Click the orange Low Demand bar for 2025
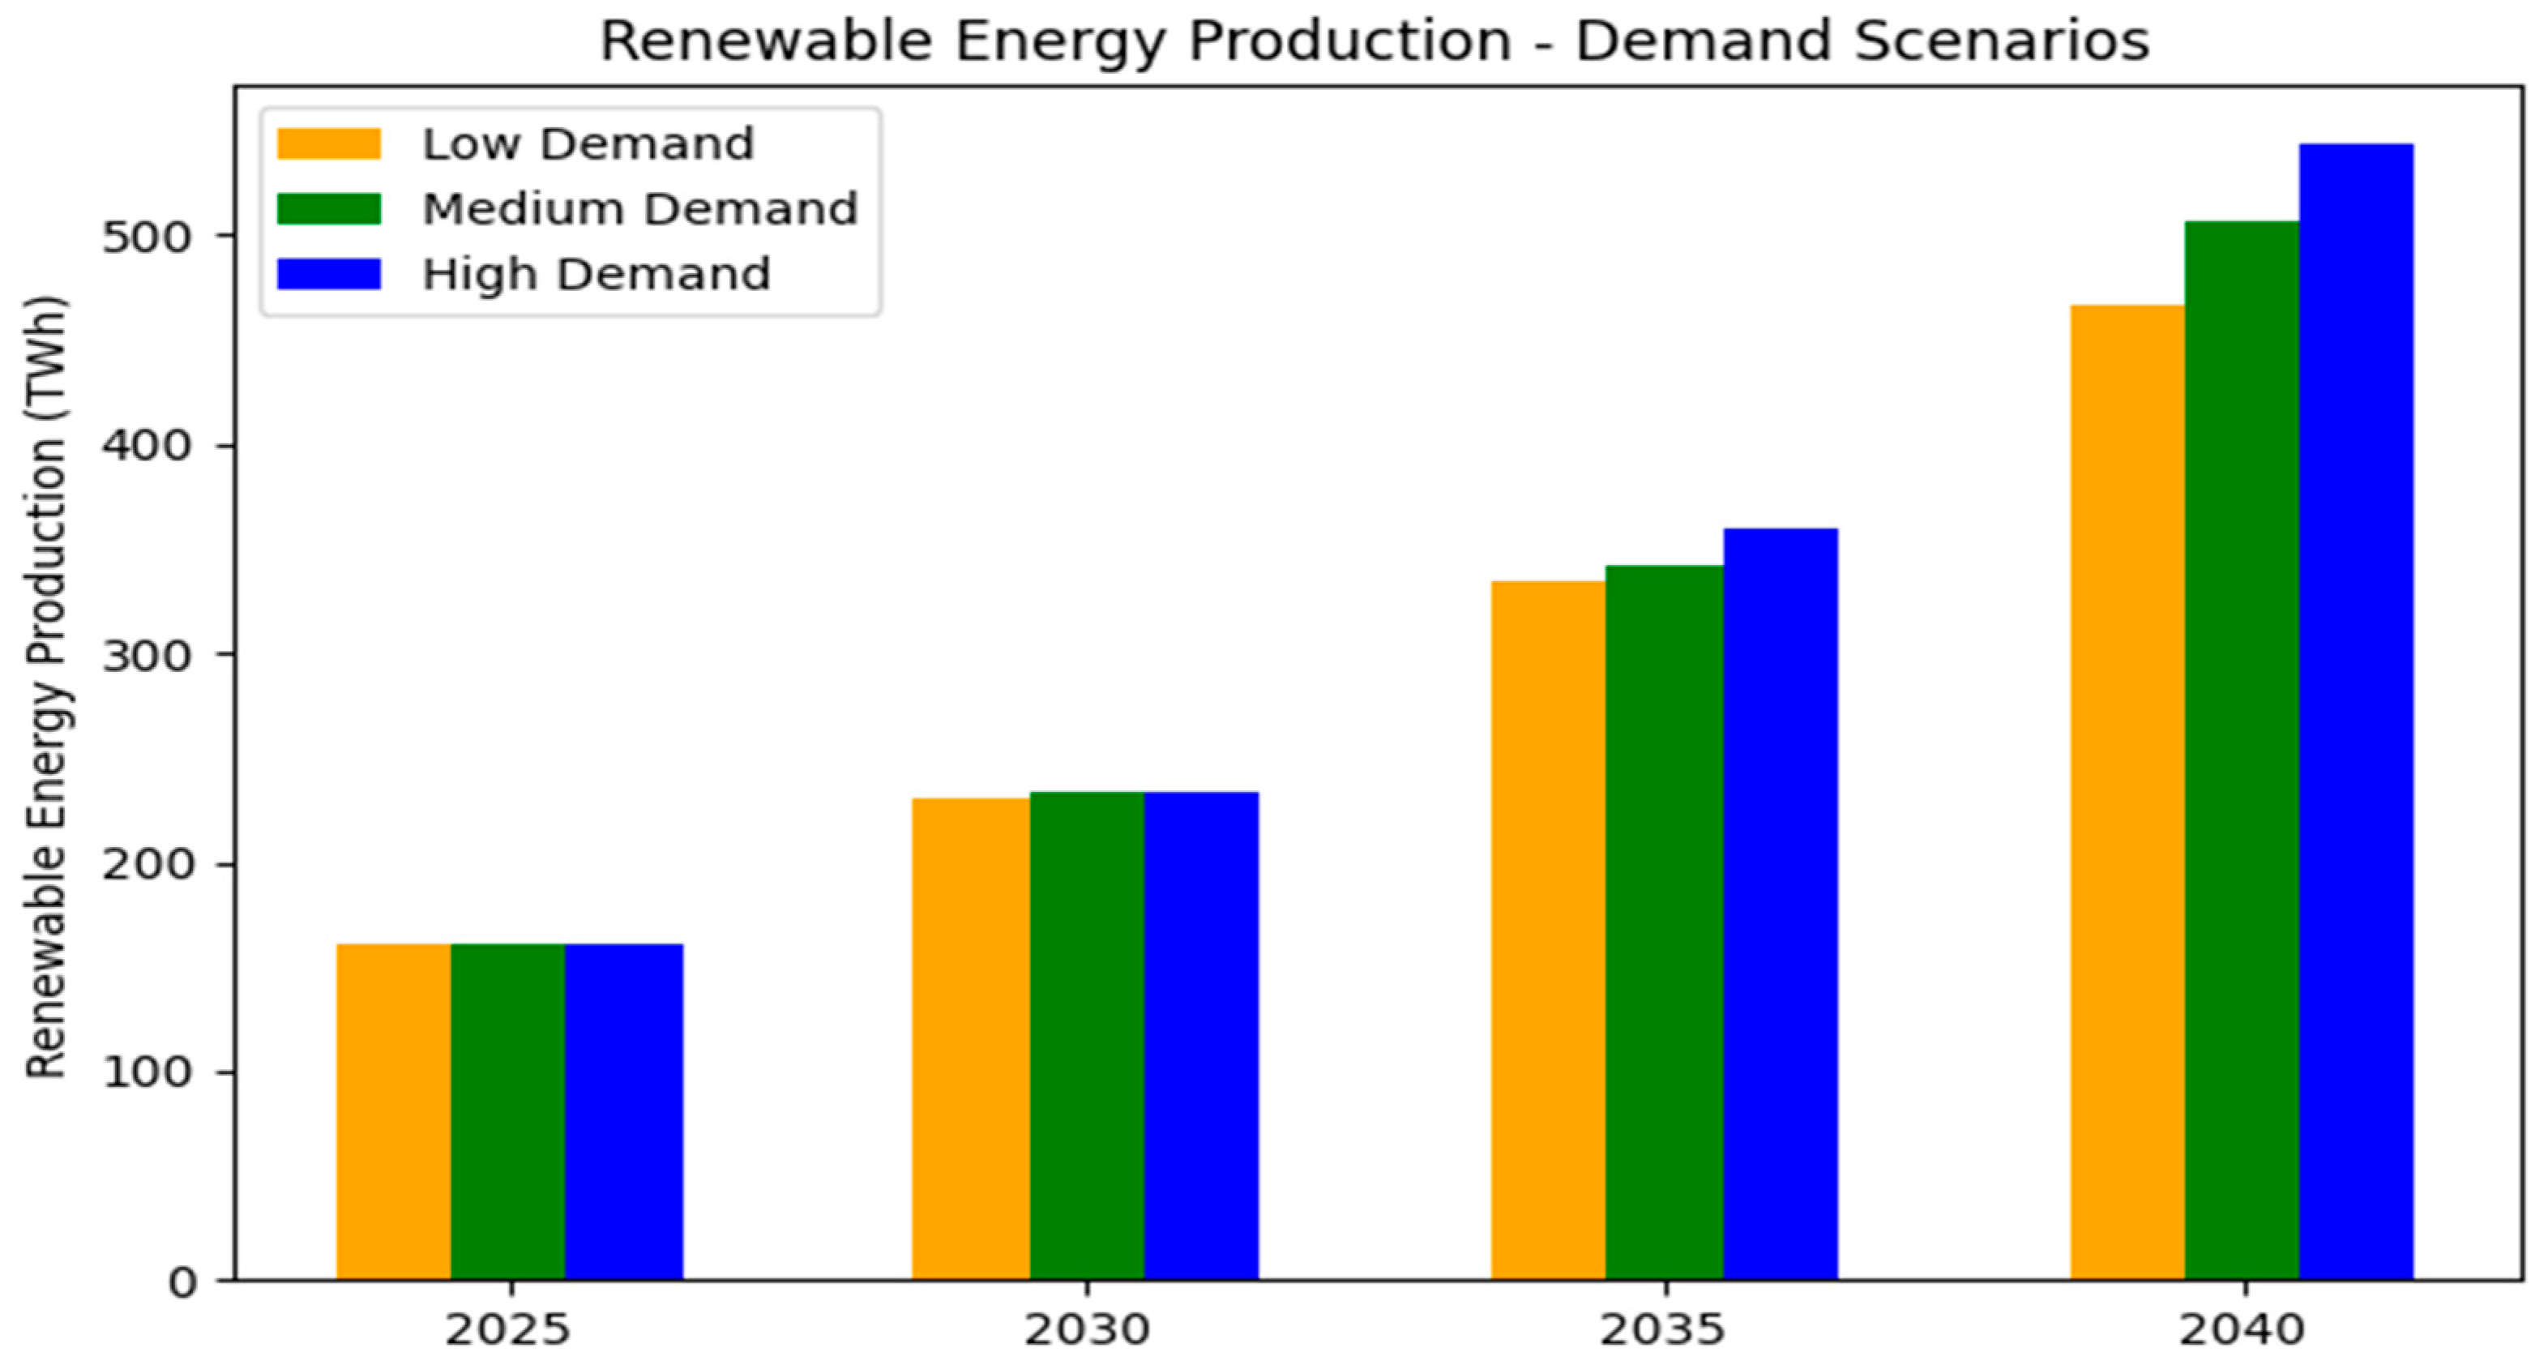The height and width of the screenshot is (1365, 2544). coord(393,1111)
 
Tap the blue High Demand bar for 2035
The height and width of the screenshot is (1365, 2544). coord(1780,904)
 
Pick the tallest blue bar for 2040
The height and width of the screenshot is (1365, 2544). coord(2355,711)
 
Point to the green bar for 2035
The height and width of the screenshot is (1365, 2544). coord(1664,922)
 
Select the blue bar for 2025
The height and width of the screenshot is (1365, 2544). coord(623,1111)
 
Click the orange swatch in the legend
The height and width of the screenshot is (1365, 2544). coord(328,144)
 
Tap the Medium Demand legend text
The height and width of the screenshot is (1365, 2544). coord(640,209)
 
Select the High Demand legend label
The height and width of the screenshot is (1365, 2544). coord(596,275)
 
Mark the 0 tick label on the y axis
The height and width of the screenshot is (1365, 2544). coord(182,1283)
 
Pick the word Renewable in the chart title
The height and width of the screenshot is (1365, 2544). coord(765,41)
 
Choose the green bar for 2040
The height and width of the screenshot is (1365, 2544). coord(2241,751)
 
